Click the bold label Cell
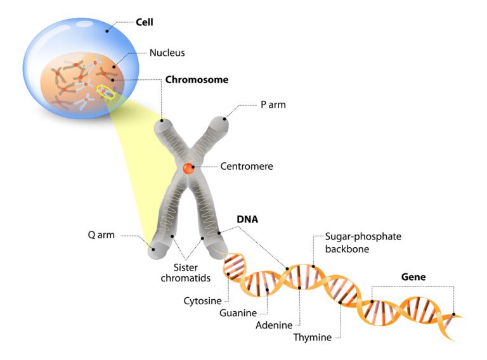pos(145,22)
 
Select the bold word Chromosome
pos(197,80)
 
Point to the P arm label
pos(273,104)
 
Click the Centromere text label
pos(247,167)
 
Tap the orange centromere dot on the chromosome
pos(188,168)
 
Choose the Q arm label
pos(101,235)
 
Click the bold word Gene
pos(413,277)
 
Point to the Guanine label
pos(238,312)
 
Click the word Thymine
pos(313,337)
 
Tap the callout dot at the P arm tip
pos(224,119)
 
